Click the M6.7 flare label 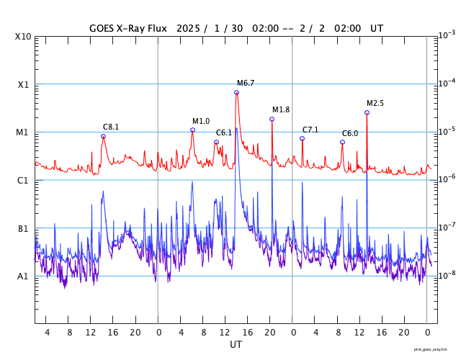click(246, 84)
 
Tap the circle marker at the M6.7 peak click(236, 93)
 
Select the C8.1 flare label click(111, 127)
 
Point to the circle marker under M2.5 click(367, 113)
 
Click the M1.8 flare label click(281, 110)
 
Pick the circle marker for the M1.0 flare click(192, 130)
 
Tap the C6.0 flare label click(350, 134)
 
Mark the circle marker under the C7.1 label click(303, 139)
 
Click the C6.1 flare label click(224, 133)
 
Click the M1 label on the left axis click(23, 132)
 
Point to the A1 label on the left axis click(23, 276)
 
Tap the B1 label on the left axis click(23, 229)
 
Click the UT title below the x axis click(236, 345)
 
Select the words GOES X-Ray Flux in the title click(128, 28)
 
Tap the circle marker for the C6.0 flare click(342, 143)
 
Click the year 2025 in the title click(189, 28)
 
